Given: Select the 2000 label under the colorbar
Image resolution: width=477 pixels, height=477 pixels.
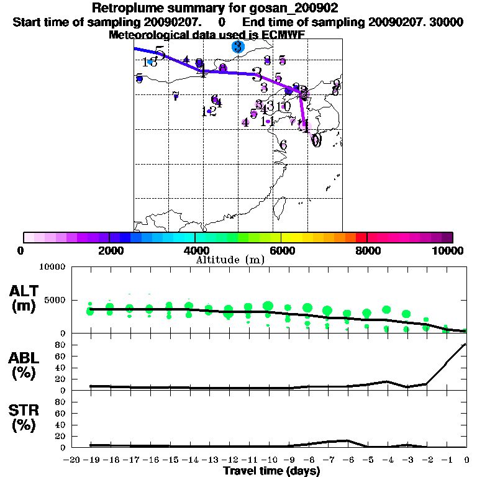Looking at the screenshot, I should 109,251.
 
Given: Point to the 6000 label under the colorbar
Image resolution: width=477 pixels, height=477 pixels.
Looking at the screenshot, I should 281,251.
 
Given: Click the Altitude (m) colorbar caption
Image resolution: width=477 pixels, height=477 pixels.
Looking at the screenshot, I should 230,260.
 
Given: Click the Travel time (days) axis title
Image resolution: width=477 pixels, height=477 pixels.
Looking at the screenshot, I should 271,471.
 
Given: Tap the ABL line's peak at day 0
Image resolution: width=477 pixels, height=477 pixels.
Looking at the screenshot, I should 466,343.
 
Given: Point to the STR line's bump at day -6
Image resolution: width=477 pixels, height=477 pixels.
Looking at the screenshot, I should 348,440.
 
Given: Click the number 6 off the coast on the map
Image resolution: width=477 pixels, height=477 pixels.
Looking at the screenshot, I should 283,145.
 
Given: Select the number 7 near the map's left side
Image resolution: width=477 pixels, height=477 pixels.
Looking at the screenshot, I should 176,96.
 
